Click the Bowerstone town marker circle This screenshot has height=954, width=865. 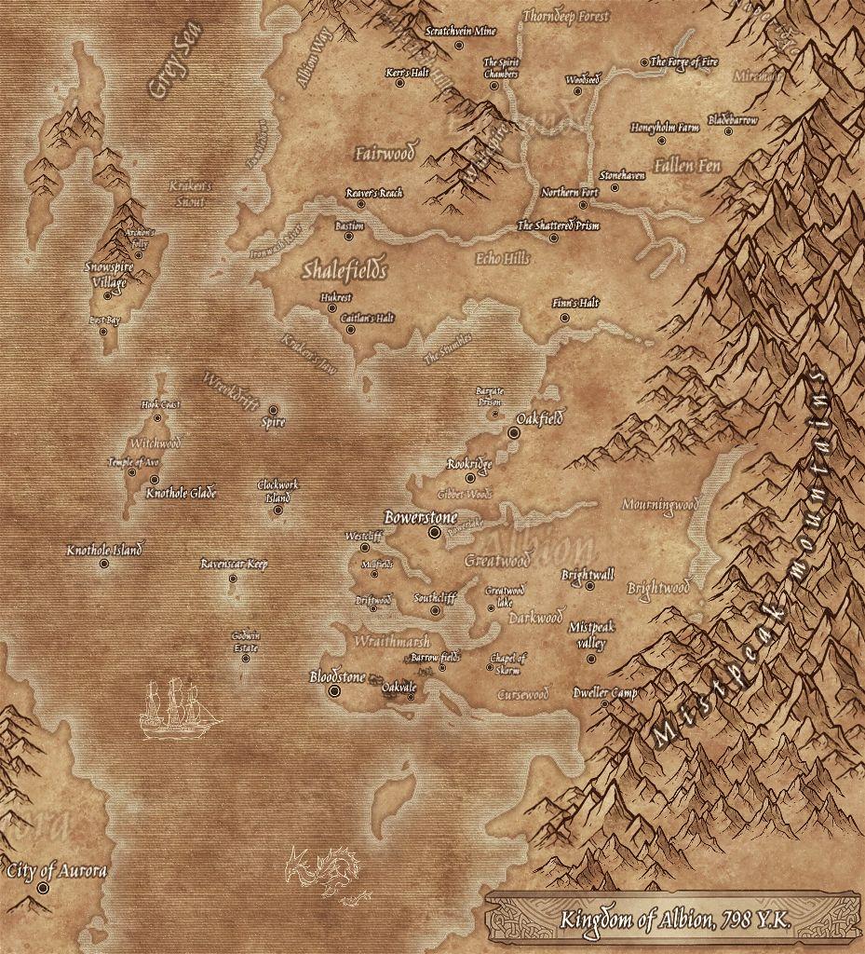point(434,532)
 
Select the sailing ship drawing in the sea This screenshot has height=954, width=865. point(178,710)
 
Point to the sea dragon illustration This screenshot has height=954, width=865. point(324,874)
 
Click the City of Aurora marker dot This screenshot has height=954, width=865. point(43,889)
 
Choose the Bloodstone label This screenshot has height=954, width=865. point(337,677)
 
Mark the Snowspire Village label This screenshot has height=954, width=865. point(109,273)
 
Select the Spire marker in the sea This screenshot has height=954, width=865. point(274,410)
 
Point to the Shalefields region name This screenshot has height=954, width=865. point(344,270)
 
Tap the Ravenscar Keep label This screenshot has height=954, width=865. point(234,565)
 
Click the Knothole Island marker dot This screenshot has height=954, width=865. point(103,564)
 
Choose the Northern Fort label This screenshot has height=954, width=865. point(570,193)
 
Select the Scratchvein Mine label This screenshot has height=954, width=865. point(460,31)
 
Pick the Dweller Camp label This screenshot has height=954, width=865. point(605,693)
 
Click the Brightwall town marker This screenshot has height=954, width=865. point(589,586)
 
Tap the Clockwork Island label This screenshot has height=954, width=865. point(278,491)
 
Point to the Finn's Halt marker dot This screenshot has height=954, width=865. point(564,318)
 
